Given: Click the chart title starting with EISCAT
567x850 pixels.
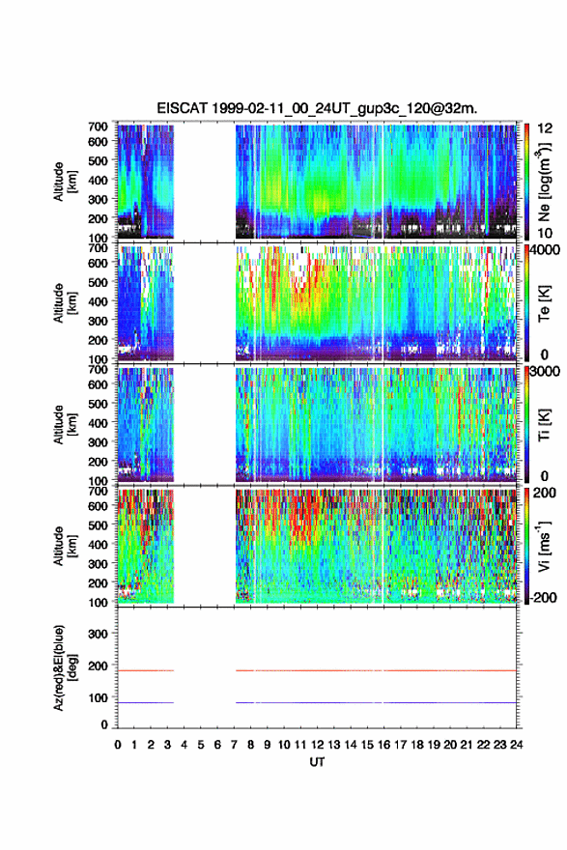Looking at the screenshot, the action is click(x=317, y=108).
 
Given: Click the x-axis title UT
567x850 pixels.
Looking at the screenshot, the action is click(x=317, y=762).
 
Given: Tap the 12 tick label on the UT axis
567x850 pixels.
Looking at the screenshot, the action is click(x=317, y=745).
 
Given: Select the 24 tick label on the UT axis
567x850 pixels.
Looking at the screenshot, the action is click(x=516, y=745).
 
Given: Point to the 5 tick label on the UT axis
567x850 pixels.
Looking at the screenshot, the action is click(x=201, y=745).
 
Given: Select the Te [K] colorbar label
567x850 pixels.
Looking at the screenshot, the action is click(x=544, y=304).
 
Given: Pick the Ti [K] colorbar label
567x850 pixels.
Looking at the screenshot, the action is click(x=544, y=424).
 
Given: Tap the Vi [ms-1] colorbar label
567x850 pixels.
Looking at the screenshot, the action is click(x=544, y=546).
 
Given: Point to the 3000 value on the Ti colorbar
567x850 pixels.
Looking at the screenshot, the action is click(x=546, y=371).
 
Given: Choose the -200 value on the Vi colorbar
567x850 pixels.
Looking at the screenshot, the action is click(x=544, y=597).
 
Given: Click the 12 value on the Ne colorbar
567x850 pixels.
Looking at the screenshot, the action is click(x=544, y=128).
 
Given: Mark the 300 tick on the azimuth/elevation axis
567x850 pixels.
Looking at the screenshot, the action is click(x=98, y=634).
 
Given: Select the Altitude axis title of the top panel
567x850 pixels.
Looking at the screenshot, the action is click(x=65, y=182).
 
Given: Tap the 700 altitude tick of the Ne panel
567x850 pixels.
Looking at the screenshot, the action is click(x=98, y=127).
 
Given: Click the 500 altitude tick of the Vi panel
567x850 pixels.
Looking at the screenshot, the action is click(x=98, y=525).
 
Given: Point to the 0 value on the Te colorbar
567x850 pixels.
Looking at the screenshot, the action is click(x=544, y=355).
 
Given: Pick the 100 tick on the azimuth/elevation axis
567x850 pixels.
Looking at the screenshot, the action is click(x=98, y=697).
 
